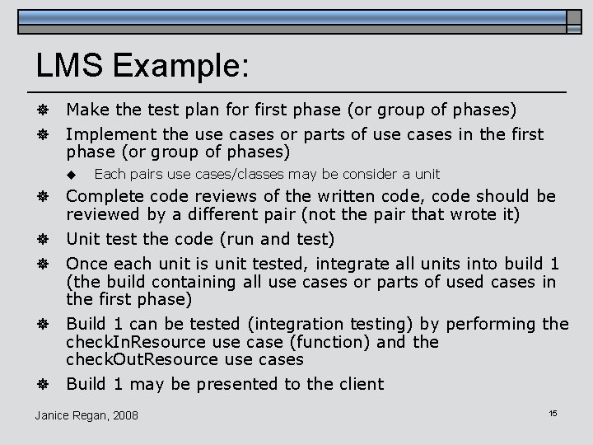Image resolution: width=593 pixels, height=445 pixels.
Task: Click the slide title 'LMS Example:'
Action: [x=142, y=66]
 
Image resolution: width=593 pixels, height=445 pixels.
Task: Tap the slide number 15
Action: [x=553, y=411]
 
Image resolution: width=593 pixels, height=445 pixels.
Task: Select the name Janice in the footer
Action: [x=53, y=415]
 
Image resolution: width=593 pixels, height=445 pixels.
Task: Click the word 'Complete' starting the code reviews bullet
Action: [x=102, y=197]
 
